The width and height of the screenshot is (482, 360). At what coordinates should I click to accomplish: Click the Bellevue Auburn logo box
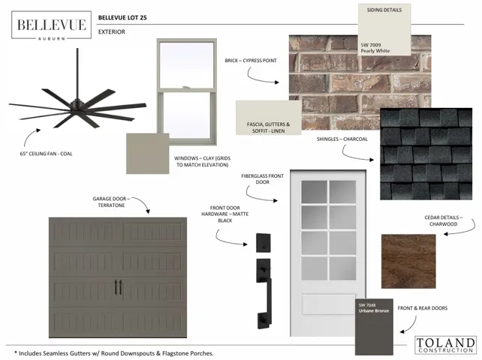pos(51,25)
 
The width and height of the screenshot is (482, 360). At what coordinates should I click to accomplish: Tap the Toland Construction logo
pos(445,345)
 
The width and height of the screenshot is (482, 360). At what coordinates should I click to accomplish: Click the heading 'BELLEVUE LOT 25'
pos(122,17)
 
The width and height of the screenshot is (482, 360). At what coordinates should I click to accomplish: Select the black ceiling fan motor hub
pos(77,105)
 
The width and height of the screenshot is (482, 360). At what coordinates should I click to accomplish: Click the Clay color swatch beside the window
pos(148,154)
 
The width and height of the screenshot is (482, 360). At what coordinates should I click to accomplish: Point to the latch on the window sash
pos(185,87)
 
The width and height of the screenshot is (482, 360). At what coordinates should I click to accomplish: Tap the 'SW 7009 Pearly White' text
pos(375,48)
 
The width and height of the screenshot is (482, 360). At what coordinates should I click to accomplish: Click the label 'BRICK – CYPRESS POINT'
pos(251,61)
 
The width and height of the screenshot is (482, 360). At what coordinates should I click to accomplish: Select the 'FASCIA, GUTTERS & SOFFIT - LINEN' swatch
pos(268,118)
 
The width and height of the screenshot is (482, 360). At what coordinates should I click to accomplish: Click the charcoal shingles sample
pos(426,154)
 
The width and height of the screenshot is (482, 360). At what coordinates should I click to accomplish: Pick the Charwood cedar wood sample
pos(408,262)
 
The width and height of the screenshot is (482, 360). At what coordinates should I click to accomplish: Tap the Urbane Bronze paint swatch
pos(374,327)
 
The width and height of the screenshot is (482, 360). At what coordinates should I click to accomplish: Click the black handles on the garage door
pos(119,287)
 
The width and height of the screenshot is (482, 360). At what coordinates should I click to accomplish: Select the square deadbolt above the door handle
pos(264,243)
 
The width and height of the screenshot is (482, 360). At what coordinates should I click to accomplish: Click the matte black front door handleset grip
pos(264,294)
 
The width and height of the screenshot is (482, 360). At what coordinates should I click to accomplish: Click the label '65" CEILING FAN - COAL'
pos(46,154)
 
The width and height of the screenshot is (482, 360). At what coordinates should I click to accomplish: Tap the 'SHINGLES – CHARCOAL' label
pos(342,139)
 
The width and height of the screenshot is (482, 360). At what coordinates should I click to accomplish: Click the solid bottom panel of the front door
pos(328,304)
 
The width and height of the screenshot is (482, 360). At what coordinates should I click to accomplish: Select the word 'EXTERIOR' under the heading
pos(112,31)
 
